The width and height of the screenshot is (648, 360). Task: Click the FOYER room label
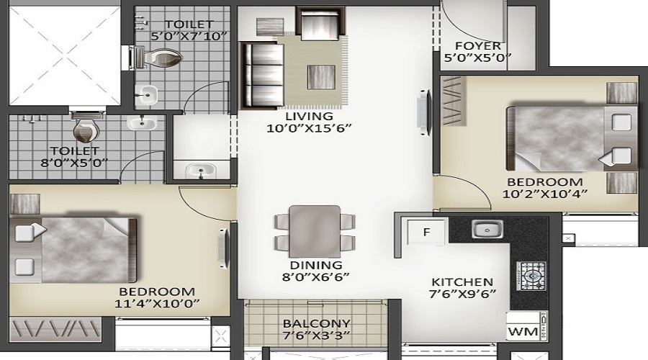click(x=478, y=45)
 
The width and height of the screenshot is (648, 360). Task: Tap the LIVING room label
click(x=309, y=116)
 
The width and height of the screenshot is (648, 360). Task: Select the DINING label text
click(x=316, y=265)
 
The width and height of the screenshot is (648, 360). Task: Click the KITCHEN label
click(x=462, y=282)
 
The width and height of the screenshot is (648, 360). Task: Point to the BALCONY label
click(x=317, y=323)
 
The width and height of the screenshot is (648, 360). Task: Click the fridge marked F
click(x=426, y=232)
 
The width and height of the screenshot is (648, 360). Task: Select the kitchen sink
click(x=487, y=229)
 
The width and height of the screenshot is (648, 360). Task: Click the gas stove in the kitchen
click(x=531, y=276)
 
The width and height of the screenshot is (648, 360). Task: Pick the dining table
click(x=315, y=231)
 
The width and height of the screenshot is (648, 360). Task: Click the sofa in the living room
click(x=262, y=75)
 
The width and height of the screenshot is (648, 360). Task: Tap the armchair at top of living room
click(x=320, y=24)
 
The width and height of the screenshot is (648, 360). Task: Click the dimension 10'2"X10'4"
click(x=545, y=194)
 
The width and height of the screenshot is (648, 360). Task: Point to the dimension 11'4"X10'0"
click(x=157, y=303)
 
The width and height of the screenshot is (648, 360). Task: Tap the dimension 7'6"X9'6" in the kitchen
click(x=462, y=294)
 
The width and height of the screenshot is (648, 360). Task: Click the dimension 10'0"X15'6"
click(x=309, y=128)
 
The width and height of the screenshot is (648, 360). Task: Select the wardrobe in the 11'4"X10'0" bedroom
click(x=55, y=330)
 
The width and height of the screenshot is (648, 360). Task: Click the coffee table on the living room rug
click(x=321, y=77)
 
